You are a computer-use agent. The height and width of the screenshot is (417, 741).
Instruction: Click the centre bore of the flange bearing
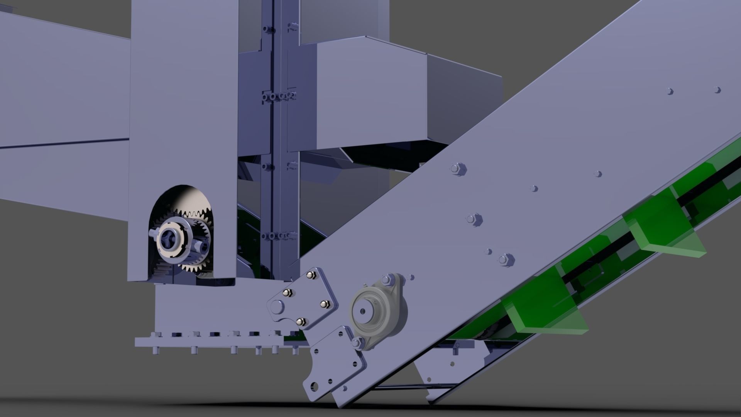click(x=364, y=311)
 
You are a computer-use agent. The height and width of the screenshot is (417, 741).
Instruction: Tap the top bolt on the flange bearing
click(x=387, y=279)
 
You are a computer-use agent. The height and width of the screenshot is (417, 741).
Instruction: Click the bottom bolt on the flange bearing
click(x=357, y=342)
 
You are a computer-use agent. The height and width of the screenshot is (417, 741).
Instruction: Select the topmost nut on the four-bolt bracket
click(x=310, y=275)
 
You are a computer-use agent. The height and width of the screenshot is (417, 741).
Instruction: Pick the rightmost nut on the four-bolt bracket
click(x=325, y=304)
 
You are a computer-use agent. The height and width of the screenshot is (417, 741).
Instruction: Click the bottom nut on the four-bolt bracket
click(x=301, y=321)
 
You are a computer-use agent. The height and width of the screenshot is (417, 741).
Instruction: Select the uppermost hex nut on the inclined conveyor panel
click(x=458, y=169)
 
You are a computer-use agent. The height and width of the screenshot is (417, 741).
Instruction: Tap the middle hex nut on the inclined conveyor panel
click(x=474, y=219)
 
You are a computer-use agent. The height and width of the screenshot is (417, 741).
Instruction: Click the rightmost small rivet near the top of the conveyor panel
click(x=717, y=90)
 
